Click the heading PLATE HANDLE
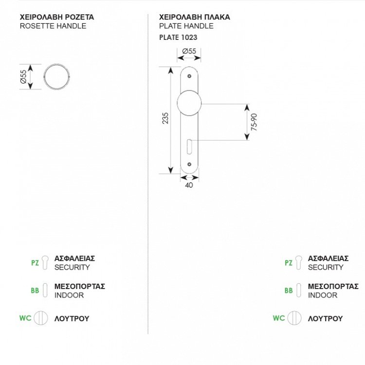coord(186,26)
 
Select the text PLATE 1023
coord(178,37)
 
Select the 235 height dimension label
coord(165,120)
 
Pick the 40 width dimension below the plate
coord(189,185)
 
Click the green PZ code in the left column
coord(35,263)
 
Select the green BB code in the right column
coord(289,291)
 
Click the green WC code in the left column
coord(25,319)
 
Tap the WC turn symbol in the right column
coord(293,319)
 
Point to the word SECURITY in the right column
coord(326,267)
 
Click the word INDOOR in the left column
coord(69,295)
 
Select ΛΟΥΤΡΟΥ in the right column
coord(325,319)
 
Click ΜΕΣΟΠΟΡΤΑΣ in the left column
coord(79,286)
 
